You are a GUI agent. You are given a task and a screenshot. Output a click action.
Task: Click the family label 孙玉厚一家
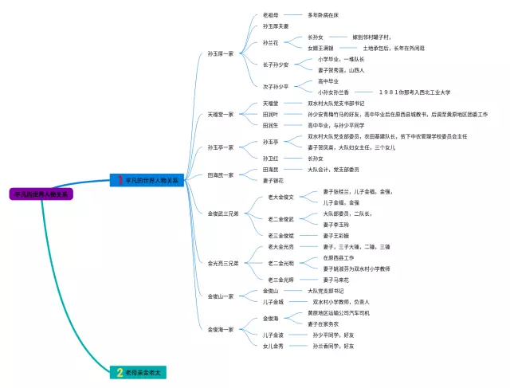coord(221,53)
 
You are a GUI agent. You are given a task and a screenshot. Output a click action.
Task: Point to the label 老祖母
coord(271,15)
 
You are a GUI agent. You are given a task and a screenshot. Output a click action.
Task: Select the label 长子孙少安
coord(276,65)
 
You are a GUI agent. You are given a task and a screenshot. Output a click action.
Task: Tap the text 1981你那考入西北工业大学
coord(414,92)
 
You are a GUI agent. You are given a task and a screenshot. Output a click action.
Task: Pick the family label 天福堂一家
coord(221,114)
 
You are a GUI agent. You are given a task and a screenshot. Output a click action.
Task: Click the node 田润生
coord(271,125)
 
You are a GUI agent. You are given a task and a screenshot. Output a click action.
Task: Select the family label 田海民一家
coord(221,175)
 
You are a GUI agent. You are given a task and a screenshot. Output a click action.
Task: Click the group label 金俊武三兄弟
coord(223,214)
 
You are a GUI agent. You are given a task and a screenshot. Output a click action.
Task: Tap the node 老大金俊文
coord(280,197)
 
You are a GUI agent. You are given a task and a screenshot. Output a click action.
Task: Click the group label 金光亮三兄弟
coord(223,263)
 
